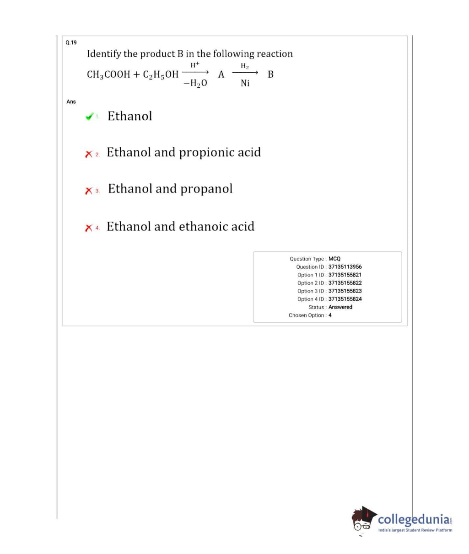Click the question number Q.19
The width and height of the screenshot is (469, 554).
click(71, 43)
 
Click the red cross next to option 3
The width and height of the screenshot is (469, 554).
click(89, 190)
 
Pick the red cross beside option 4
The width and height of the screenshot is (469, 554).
click(89, 228)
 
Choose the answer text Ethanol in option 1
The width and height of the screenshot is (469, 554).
click(129, 116)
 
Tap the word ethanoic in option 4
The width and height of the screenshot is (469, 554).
click(203, 227)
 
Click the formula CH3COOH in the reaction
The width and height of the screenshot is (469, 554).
click(108, 75)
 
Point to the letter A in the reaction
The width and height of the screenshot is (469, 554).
click(221, 75)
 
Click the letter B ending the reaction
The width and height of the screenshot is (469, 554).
click(270, 75)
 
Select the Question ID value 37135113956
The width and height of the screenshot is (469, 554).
click(345, 267)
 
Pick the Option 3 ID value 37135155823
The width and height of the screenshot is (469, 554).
click(345, 291)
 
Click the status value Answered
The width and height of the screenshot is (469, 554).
click(340, 307)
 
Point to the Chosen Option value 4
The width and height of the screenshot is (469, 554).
click(330, 315)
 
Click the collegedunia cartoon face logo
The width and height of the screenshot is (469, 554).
click(363, 521)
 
